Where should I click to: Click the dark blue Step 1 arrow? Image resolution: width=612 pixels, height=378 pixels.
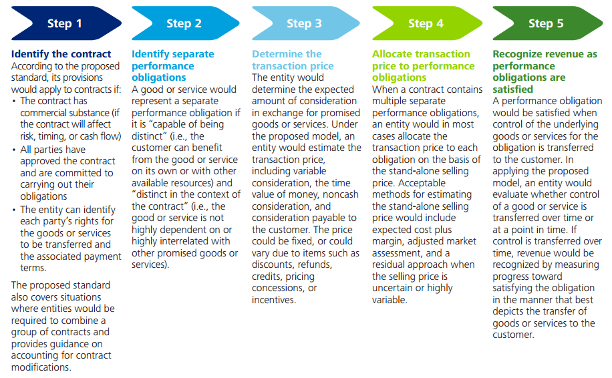pos(66,23)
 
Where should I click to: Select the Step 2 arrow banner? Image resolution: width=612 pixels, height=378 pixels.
pos(186,23)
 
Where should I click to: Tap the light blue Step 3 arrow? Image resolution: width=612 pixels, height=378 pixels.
pos(306,23)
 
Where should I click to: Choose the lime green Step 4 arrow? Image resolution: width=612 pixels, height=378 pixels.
pos(427,23)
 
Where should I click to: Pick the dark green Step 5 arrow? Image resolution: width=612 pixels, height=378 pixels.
pos(548,23)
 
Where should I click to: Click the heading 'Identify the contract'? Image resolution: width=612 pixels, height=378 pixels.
pos(61,54)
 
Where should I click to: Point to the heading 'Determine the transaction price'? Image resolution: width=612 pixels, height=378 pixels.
pos(293,59)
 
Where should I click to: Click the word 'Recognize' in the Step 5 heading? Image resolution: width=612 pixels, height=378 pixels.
pos(518,54)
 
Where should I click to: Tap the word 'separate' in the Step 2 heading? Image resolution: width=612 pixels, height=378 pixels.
pos(194,54)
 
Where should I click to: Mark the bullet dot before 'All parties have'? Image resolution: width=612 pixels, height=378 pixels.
pos(14,150)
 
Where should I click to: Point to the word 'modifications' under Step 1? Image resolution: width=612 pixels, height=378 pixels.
pos(41,367)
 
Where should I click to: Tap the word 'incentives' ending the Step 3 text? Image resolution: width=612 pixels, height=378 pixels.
pos(274,300)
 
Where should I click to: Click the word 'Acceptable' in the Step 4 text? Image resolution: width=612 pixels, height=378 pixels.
pos(422,183)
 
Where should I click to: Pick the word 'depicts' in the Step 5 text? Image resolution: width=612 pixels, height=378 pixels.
pos(507,312)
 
